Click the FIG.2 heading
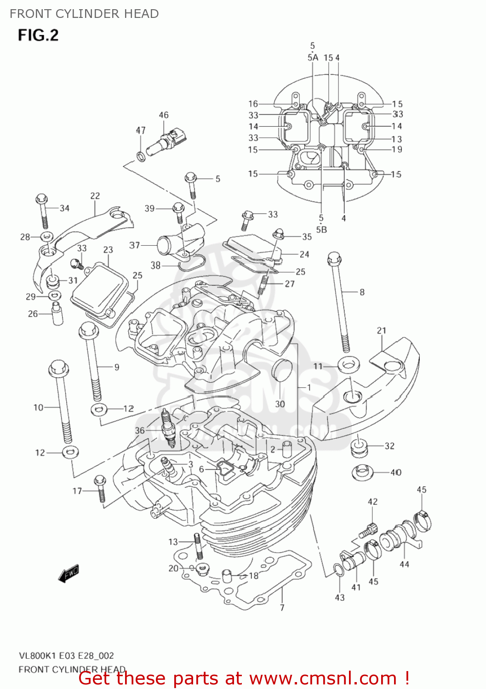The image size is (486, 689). [x=38, y=35]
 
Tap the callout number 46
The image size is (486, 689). [x=164, y=115]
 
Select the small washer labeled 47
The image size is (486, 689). [x=141, y=157]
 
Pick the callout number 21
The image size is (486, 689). [x=382, y=331]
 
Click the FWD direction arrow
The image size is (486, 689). [x=69, y=574]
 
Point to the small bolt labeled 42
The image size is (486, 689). [x=368, y=531]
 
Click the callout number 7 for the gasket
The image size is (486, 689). [x=282, y=608]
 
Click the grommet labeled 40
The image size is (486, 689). [x=362, y=472]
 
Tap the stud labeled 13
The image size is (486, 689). [x=198, y=546]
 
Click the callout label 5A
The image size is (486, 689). [x=313, y=57]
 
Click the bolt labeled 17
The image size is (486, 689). [x=100, y=489]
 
